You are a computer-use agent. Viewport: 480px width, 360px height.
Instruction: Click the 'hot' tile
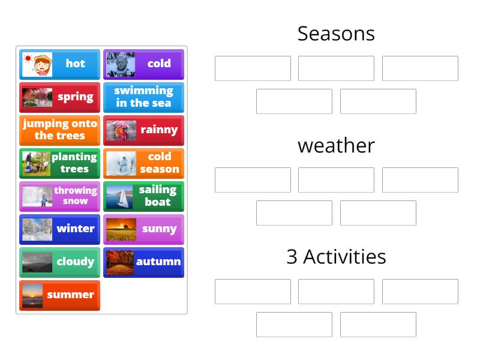click(x=60, y=64)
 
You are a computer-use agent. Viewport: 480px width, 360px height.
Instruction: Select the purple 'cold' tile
click(x=144, y=64)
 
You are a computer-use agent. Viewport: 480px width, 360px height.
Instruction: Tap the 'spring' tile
click(x=60, y=97)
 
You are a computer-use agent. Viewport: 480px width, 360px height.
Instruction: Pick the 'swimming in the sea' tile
click(x=144, y=97)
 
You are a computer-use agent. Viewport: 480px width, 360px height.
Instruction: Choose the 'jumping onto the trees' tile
click(x=60, y=130)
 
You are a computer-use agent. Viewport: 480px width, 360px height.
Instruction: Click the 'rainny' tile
click(x=144, y=130)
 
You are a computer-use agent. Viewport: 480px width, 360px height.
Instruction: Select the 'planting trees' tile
click(x=60, y=163)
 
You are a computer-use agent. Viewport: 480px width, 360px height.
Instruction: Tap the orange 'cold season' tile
click(x=144, y=163)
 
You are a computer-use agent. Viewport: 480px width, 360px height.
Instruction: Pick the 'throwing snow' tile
click(x=60, y=196)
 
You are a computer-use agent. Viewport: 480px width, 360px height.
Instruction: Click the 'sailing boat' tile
click(x=144, y=196)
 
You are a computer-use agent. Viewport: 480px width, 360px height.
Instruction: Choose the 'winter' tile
click(x=60, y=229)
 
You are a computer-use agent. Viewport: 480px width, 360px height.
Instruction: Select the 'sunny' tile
click(x=144, y=229)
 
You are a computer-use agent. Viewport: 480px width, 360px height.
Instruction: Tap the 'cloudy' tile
click(x=60, y=262)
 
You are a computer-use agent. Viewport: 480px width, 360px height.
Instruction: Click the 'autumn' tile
click(x=144, y=262)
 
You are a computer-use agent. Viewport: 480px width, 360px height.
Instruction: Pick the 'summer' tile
click(x=60, y=295)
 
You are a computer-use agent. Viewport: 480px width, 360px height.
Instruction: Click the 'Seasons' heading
click(x=336, y=34)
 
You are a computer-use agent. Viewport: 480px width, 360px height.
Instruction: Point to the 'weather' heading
click(x=336, y=145)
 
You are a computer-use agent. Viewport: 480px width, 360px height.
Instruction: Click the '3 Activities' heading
click(x=336, y=257)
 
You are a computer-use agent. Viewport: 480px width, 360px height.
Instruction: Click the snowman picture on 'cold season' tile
click(x=121, y=163)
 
